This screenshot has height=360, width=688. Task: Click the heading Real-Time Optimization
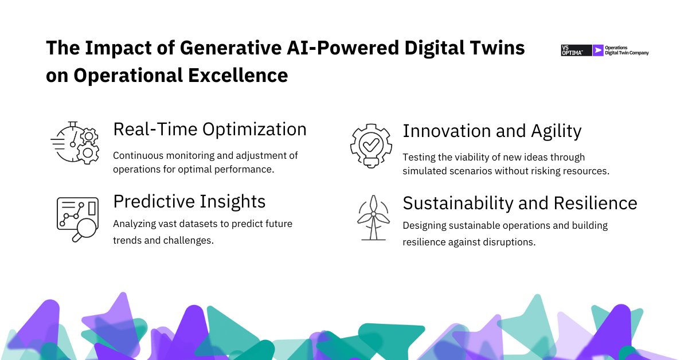[x=210, y=130]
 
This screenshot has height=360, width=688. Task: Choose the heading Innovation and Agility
[x=492, y=131]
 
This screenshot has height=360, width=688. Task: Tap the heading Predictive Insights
[x=189, y=201]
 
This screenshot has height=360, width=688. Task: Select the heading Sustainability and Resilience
[x=519, y=203]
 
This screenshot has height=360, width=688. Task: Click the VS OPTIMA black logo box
[x=576, y=50]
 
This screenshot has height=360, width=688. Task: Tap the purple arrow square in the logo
[x=599, y=50]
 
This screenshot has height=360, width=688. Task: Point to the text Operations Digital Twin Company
[x=627, y=50]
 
